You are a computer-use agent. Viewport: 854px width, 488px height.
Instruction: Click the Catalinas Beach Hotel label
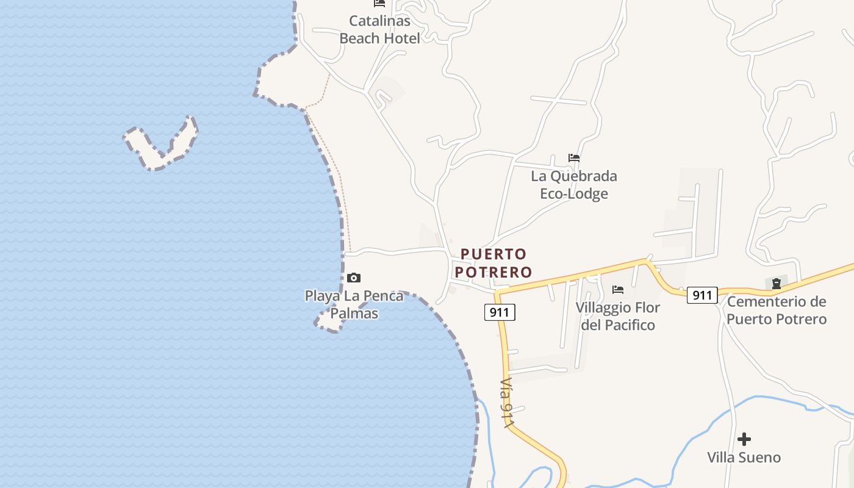(x=379, y=29)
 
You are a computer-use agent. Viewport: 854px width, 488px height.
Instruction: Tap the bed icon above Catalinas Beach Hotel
(x=379, y=4)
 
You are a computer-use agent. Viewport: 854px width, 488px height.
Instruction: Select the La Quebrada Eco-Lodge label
(x=573, y=185)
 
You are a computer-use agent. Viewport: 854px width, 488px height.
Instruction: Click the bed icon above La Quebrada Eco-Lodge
(x=573, y=158)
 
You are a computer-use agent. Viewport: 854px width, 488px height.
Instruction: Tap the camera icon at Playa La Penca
(x=353, y=278)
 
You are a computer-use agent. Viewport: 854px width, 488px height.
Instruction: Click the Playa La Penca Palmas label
(x=354, y=304)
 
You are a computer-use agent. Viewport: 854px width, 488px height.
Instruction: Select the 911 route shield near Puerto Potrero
(x=500, y=312)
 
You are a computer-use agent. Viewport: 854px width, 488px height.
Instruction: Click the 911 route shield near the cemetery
(x=702, y=295)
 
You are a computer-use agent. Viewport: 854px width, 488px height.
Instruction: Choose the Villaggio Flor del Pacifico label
(x=617, y=316)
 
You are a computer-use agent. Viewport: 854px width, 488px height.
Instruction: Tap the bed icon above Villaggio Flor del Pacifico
(x=617, y=289)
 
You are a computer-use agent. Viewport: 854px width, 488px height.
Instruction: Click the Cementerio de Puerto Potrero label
(x=777, y=310)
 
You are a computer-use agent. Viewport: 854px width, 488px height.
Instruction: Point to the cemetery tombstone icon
(x=776, y=283)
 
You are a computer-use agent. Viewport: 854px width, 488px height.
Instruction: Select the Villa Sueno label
(x=744, y=457)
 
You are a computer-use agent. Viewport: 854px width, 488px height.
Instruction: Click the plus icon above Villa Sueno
(x=744, y=439)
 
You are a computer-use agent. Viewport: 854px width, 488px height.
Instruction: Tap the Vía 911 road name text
(x=506, y=403)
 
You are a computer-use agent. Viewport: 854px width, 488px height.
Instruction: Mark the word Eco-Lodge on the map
(x=573, y=194)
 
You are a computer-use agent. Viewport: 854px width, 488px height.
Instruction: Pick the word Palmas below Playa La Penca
(x=354, y=314)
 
